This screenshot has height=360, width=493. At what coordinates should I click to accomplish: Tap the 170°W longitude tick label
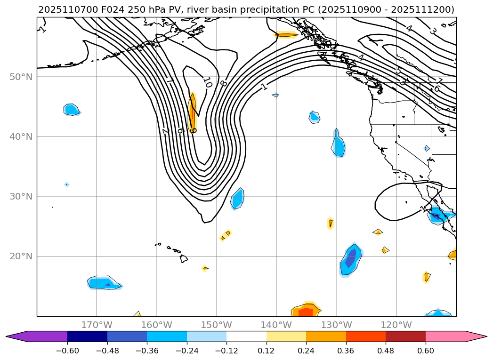click(x=97, y=325)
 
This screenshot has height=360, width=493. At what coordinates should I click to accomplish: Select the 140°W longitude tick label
click(x=276, y=325)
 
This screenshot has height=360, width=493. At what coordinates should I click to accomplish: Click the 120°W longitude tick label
click(x=396, y=325)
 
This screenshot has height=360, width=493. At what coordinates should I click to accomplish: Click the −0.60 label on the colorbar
click(x=67, y=351)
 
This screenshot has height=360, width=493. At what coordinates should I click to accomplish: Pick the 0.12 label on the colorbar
click(x=266, y=351)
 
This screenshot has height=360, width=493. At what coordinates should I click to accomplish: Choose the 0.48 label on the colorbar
click(x=386, y=351)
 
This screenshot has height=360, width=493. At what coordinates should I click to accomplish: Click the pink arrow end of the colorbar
click(x=476, y=336)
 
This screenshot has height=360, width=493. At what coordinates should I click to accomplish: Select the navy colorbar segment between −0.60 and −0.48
click(x=87, y=336)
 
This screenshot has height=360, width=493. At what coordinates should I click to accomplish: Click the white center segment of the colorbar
click(x=246, y=336)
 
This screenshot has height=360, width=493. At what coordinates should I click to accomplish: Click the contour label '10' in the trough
click(x=208, y=82)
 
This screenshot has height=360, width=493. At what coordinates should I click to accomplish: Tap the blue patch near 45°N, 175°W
click(x=72, y=110)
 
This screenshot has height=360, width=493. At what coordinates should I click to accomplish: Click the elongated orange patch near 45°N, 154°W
click(x=192, y=112)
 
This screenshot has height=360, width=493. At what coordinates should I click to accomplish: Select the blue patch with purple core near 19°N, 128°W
click(x=351, y=259)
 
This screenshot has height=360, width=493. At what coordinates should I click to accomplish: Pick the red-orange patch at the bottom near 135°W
click(x=306, y=311)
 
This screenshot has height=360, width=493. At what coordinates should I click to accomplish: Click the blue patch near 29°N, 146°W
click(x=238, y=199)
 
